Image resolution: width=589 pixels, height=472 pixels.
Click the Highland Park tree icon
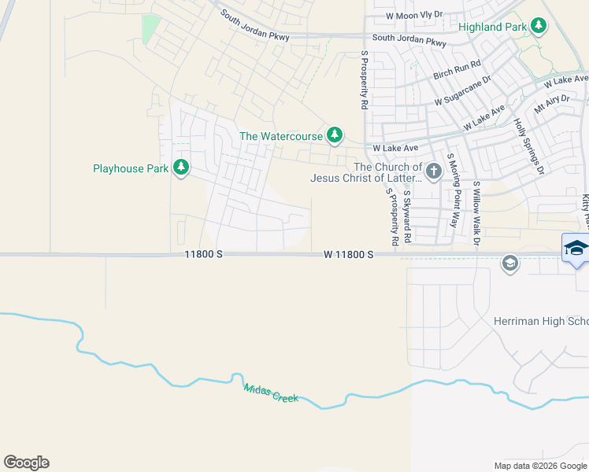[539, 26]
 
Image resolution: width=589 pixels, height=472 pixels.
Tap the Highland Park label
[492, 27]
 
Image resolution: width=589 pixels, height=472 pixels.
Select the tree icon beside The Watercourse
[335, 135]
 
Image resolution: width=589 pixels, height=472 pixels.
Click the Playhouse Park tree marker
[181, 168]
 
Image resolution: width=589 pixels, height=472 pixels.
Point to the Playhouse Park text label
[130, 168]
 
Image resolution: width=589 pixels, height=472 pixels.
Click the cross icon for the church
[433, 171]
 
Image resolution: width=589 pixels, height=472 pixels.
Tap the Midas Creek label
[271, 393]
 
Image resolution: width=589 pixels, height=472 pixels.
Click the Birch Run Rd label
[457, 70]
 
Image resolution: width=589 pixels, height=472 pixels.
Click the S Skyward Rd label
[407, 216]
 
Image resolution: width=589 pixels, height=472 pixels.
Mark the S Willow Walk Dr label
[476, 212]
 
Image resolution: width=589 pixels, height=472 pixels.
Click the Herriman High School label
[540, 322]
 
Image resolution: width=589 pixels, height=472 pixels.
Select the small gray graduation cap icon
[509, 263]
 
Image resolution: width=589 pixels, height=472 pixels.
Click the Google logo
[27, 463]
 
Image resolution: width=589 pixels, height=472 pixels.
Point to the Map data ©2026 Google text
[539, 466]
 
